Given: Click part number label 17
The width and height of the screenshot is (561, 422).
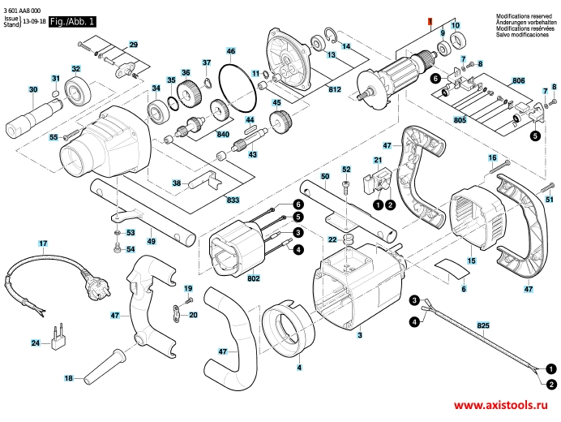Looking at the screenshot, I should point(43,243).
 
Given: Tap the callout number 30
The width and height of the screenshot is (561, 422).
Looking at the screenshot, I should point(33,89).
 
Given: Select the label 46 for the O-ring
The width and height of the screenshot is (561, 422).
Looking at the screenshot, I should point(231,52).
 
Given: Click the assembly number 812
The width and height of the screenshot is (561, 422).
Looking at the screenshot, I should point(334,90).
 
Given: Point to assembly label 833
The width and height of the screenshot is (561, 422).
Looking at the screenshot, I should point(233,199).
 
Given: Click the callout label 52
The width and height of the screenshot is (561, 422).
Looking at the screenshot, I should point(345,170).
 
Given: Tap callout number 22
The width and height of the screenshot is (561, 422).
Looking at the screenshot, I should point(332,239).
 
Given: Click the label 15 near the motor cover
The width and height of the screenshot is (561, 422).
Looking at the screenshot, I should point(471,261).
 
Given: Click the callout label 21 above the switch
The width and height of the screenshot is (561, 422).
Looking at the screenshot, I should point(377,161).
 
